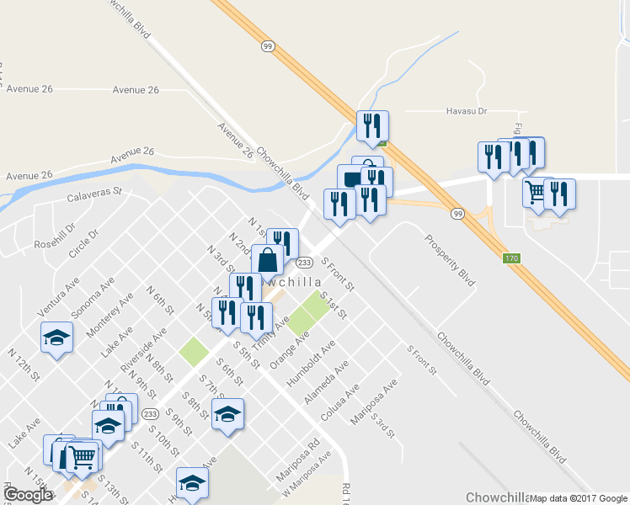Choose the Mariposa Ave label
coord(374,402)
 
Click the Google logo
coord(28,495)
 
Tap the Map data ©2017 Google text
coord(578,498)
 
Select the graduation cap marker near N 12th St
coord(56,338)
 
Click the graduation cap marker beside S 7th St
coord(227,414)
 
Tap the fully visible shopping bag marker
coord(267,259)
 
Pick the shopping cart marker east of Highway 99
coord(536,193)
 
